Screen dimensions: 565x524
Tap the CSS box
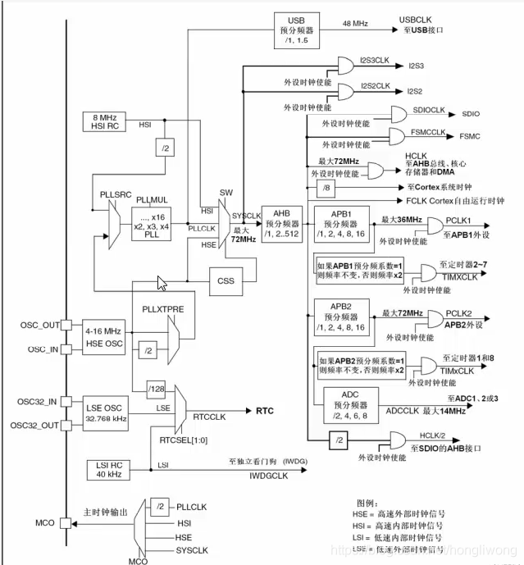226,280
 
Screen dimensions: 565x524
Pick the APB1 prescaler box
338,224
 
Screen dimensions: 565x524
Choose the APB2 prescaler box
338,317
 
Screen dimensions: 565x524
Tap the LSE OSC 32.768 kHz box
105,412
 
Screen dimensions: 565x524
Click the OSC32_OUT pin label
34,424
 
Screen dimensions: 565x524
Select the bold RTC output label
265,409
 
